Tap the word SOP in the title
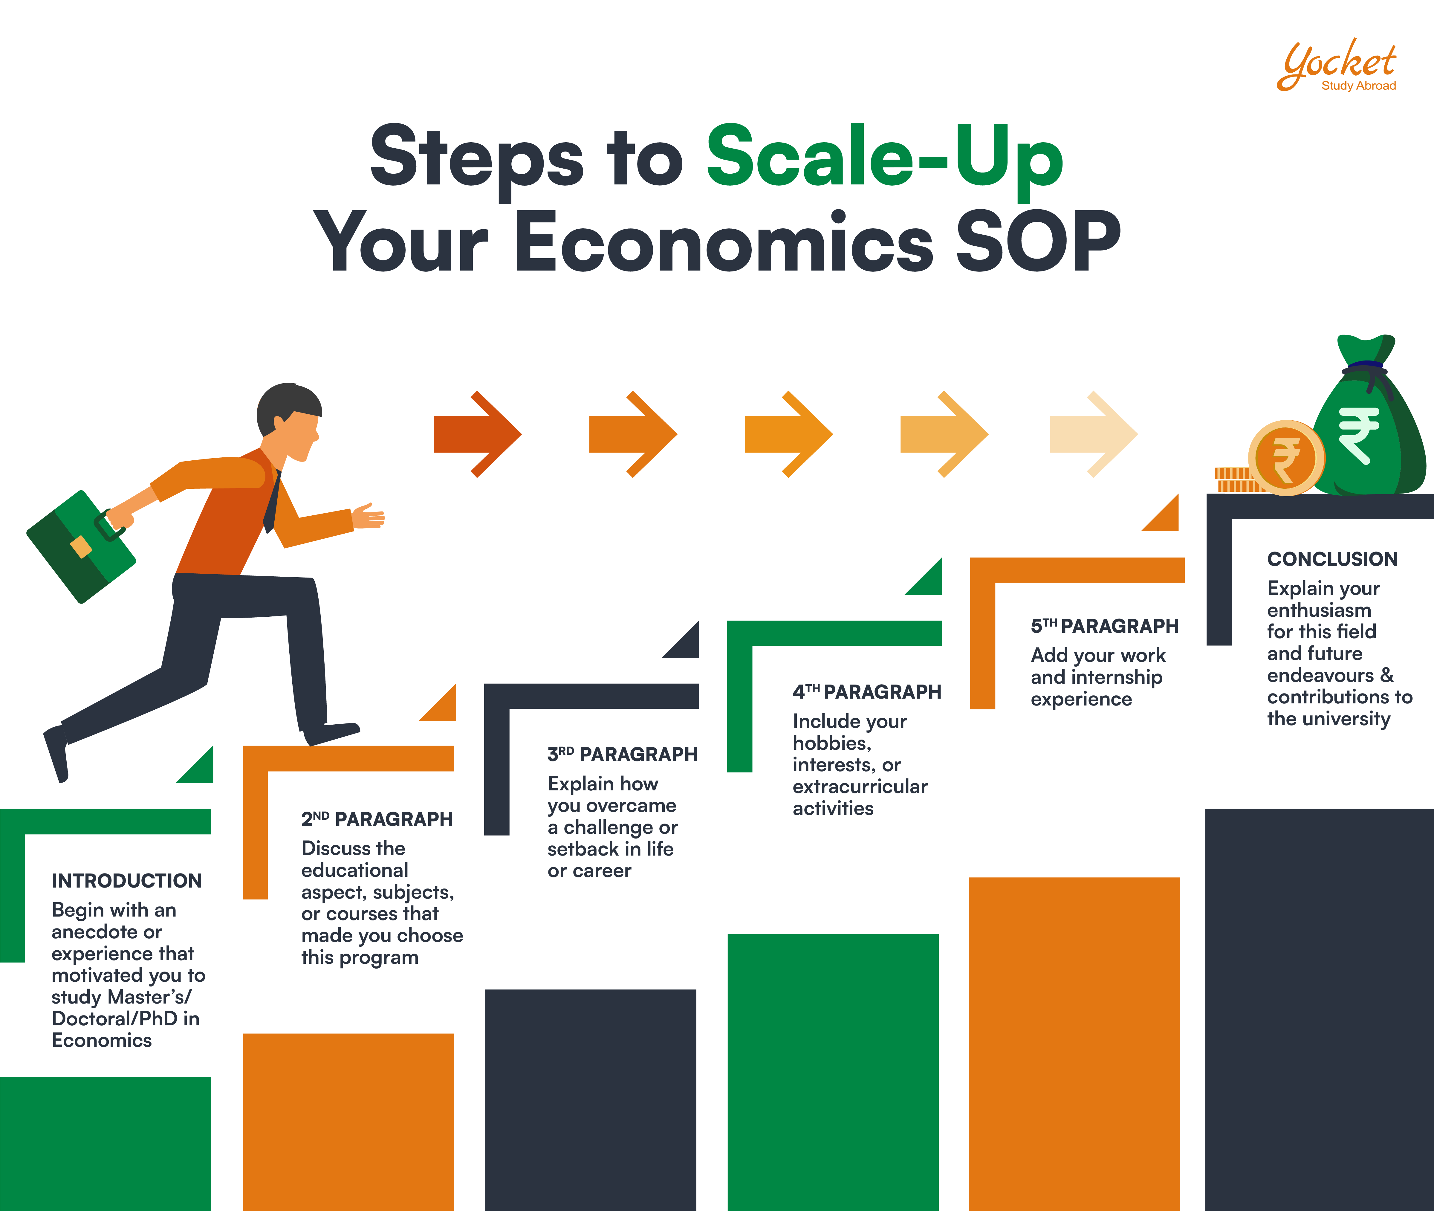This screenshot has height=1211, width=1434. pos(1038,242)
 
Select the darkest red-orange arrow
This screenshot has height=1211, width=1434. pos(477,434)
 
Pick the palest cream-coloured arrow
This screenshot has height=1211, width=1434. pos(1093,434)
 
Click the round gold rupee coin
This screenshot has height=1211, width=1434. pos(1286,458)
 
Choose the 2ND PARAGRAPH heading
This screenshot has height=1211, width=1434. pos(377,819)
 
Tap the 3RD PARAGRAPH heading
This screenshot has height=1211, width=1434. pos(622,755)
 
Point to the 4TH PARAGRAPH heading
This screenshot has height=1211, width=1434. pos(866,692)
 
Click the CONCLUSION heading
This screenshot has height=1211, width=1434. pos(1332,559)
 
